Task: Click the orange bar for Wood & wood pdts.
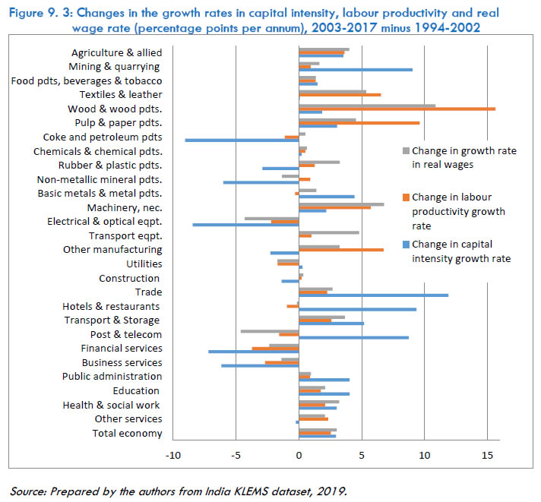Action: [x=397, y=109]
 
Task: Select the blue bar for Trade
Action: [x=373, y=295]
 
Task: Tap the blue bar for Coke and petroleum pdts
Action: [x=242, y=140]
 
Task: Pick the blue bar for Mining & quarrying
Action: [x=356, y=70]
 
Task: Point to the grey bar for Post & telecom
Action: [x=270, y=331]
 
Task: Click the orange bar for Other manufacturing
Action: [x=341, y=249]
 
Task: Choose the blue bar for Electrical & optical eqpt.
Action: [x=245, y=225]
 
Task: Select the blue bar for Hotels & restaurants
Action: [x=357, y=309]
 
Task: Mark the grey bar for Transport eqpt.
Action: [x=329, y=232]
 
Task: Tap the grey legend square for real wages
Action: [x=405, y=151]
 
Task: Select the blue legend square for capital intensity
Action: [x=405, y=245]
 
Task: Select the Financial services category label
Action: [x=122, y=349]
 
